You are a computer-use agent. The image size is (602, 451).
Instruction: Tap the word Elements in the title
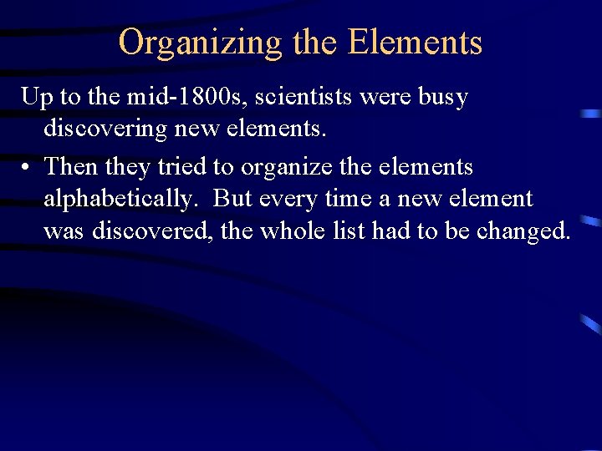[415, 42]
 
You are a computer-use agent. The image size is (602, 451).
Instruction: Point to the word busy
[443, 99]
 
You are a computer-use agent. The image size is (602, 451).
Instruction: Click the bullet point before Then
[28, 167]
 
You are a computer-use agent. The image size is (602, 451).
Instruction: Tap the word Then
[70, 166]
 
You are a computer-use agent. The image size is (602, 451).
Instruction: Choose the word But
[233, 198]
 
